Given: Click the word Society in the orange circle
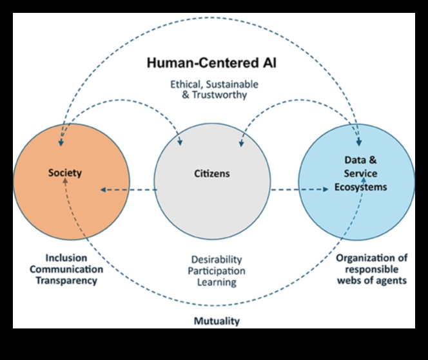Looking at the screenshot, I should [65, 173].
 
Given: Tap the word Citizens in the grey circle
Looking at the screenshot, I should [212, 173].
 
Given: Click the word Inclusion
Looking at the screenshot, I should [65, 257].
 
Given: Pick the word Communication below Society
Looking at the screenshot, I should [66, 269].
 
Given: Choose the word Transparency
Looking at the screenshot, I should [66, 280].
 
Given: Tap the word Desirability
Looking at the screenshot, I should [216, 260].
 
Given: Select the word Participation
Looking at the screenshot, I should [216, 271].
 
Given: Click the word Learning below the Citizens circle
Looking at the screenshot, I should [216, 283].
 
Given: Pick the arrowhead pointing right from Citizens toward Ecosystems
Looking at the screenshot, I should [327, 189].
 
